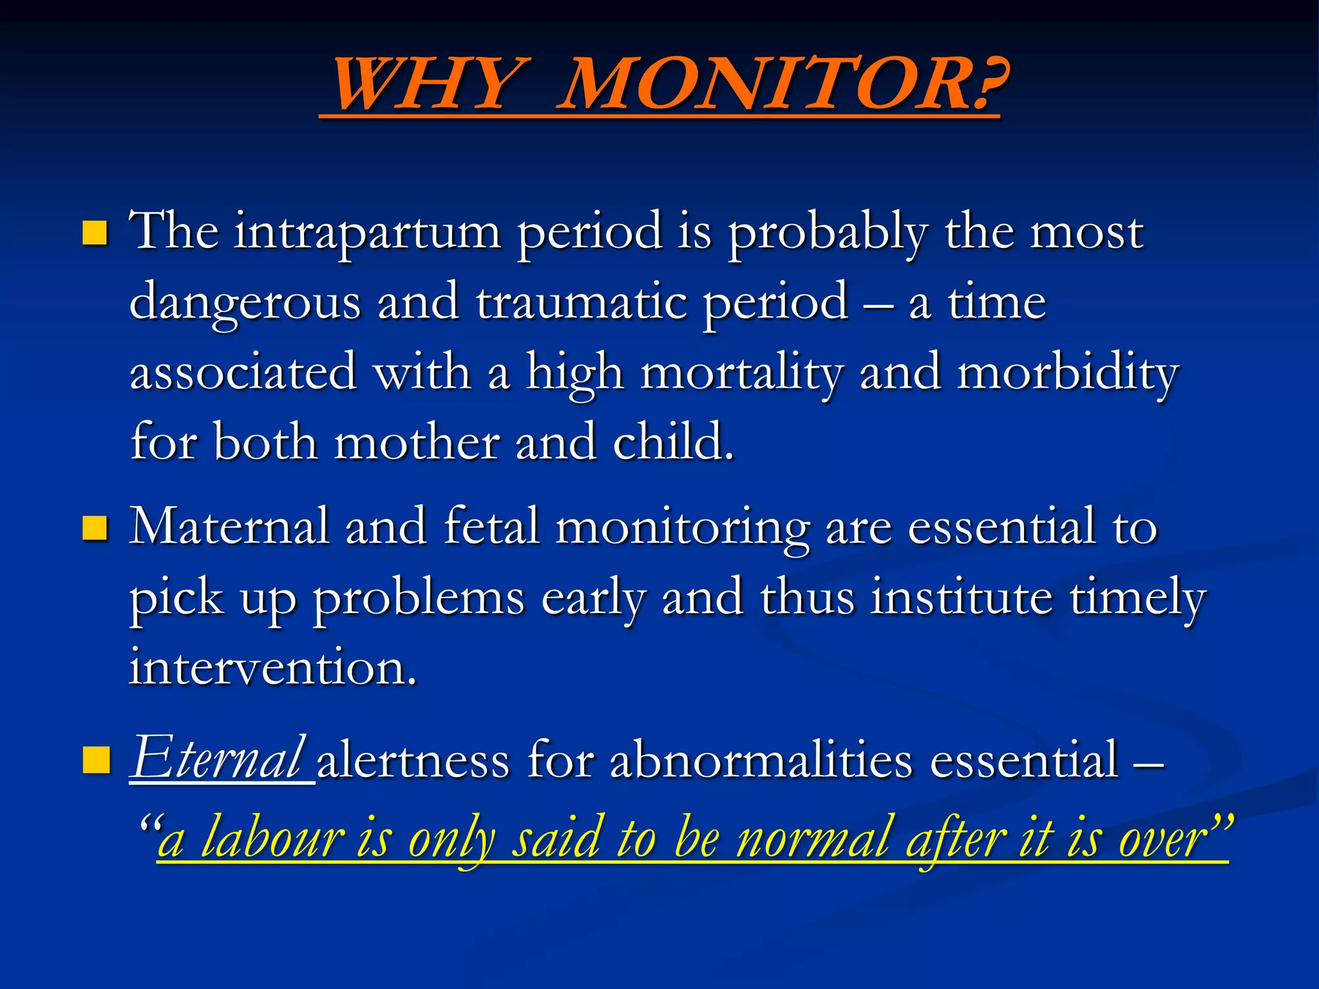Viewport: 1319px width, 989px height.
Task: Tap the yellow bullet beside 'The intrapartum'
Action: coord(95,232)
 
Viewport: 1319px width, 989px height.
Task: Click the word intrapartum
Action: coord(367,232)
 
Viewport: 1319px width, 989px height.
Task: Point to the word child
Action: coord(672,443)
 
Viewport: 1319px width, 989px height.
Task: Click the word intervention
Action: coord(273,668)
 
